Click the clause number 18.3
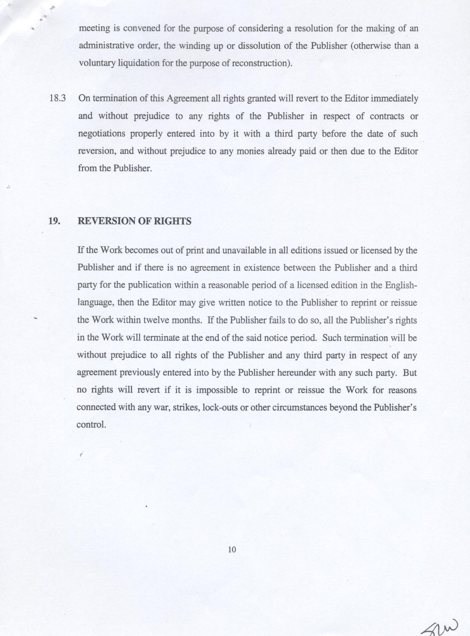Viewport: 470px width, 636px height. coord(57,98)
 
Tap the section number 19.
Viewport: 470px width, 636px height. coord(54,221)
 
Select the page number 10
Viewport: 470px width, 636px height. coord(232,550)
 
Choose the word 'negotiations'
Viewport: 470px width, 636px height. coord(101,134)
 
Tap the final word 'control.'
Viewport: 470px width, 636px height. coord(91,425)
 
